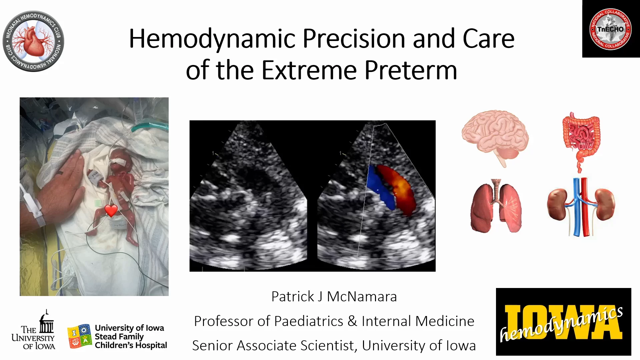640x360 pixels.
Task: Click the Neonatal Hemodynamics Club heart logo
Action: click(x=33, y=41)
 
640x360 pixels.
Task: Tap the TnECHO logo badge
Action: click(x=611, y=29)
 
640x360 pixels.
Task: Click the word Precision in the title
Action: click(x=354, y=39)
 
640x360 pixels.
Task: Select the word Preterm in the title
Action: click(x=411, y=70)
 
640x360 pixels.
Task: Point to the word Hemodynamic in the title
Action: click(x=212, y=39)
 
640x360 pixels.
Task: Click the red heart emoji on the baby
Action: click(x=111, y=211)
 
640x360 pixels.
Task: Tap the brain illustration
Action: click(x=495, y=137)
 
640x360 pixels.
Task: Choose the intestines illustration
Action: click(x=581, y=142)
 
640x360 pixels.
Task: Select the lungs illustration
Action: click(x=496, y=206)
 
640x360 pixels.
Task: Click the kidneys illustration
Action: click(x=581, y=207)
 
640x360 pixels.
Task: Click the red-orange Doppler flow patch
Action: click(x=398, y=188)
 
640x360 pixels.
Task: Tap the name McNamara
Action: click(x=362, y=297)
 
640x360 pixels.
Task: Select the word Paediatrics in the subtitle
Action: click(x=309, y=321)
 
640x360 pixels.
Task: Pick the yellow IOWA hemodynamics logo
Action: click(x=563, y=322)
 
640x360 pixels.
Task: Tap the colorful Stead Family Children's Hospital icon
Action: click(x=79, y=336)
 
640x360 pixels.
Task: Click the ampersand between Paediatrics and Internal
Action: click(x=352, y=321)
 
